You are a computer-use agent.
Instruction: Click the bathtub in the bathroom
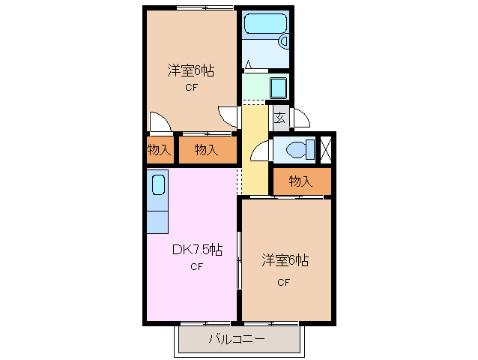[265, 24]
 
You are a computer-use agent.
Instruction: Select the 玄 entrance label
[279, 118]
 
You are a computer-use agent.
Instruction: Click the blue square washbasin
[278, 88]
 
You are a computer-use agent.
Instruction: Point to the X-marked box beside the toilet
[325, 148]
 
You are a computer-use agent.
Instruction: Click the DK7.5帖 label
[196, 249]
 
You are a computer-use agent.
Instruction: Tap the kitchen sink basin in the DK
[158, 184]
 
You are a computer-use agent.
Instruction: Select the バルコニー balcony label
[236, 339]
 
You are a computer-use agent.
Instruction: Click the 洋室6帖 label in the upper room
[190, 71]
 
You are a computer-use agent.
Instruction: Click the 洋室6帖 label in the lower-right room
[285, 261]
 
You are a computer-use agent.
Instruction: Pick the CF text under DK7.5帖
[196, 266]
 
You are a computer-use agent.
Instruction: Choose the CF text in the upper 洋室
[192, 88]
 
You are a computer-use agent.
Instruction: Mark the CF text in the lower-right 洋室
[283, 282]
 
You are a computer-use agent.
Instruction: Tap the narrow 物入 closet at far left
[159, 150]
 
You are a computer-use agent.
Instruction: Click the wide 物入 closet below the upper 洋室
[207, 150]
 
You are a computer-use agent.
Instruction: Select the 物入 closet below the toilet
[300, 181]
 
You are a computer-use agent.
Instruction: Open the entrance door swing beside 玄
[301, 118]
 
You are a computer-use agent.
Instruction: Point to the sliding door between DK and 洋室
[239, 259]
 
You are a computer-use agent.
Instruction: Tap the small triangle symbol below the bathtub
[248, 65]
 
